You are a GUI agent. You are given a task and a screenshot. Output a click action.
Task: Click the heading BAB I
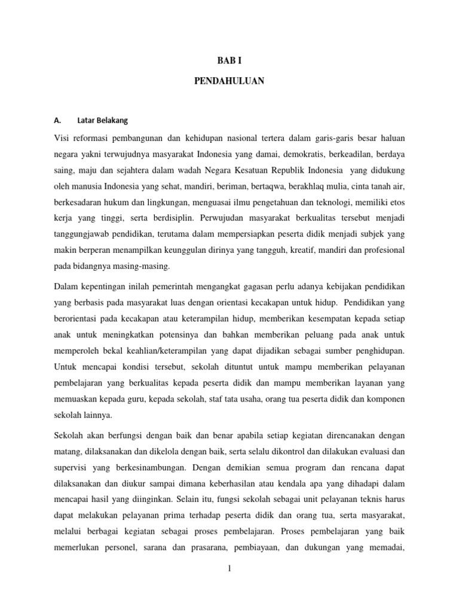[229, 59]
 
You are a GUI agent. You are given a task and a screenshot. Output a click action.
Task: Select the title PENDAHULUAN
[229, 81]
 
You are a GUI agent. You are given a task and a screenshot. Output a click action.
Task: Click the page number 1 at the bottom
[229, 569]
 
